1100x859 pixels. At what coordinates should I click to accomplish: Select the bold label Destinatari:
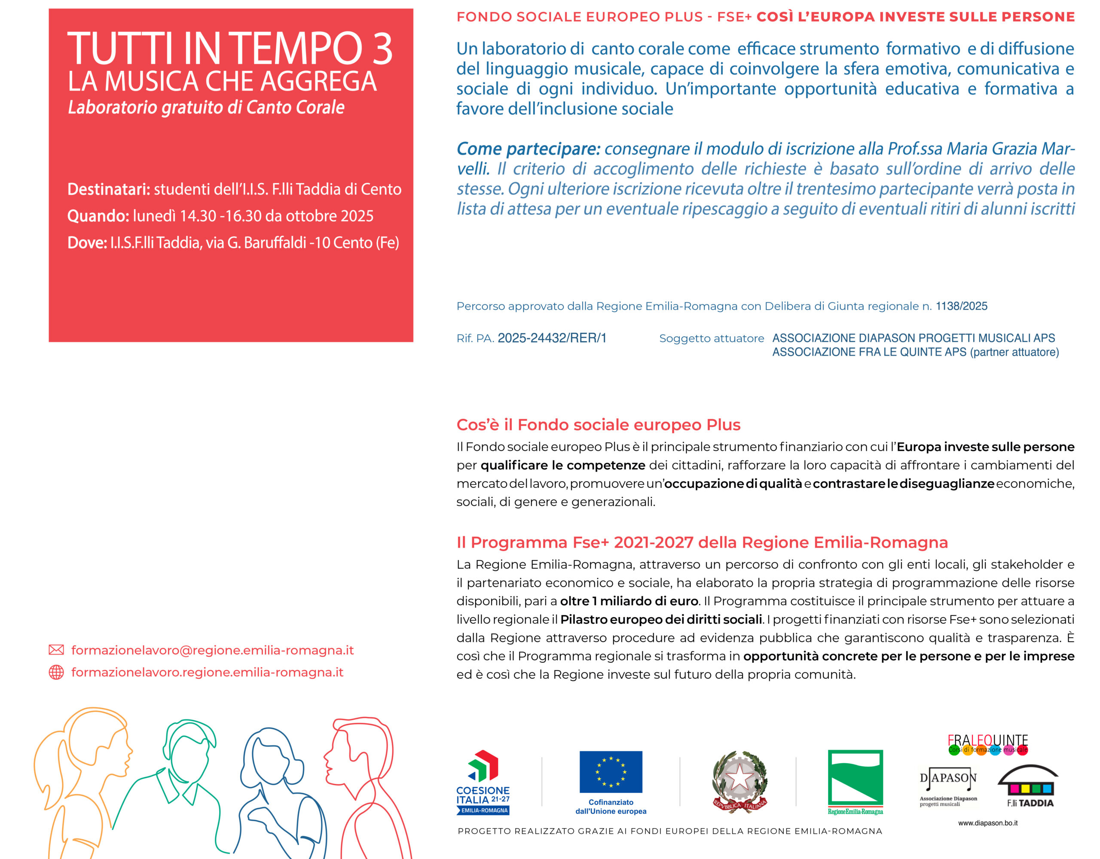[x=109, y=189]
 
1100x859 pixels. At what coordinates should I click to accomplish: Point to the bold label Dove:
[x=87, y=243]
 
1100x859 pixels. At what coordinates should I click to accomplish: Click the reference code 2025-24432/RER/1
[x=552, y=338]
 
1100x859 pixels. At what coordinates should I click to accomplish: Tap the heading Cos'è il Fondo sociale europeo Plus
[x=598, y=425]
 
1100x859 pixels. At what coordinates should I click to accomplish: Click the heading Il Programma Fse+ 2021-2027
[x=702, y=543]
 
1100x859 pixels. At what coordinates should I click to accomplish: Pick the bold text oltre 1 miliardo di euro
[x=629, y=601]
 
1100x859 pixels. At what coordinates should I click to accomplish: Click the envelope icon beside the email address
[x=56, y=650]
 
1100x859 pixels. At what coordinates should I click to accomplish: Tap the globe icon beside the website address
[x=56, y=672]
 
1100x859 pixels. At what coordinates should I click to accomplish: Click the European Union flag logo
[x=611, y=772]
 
